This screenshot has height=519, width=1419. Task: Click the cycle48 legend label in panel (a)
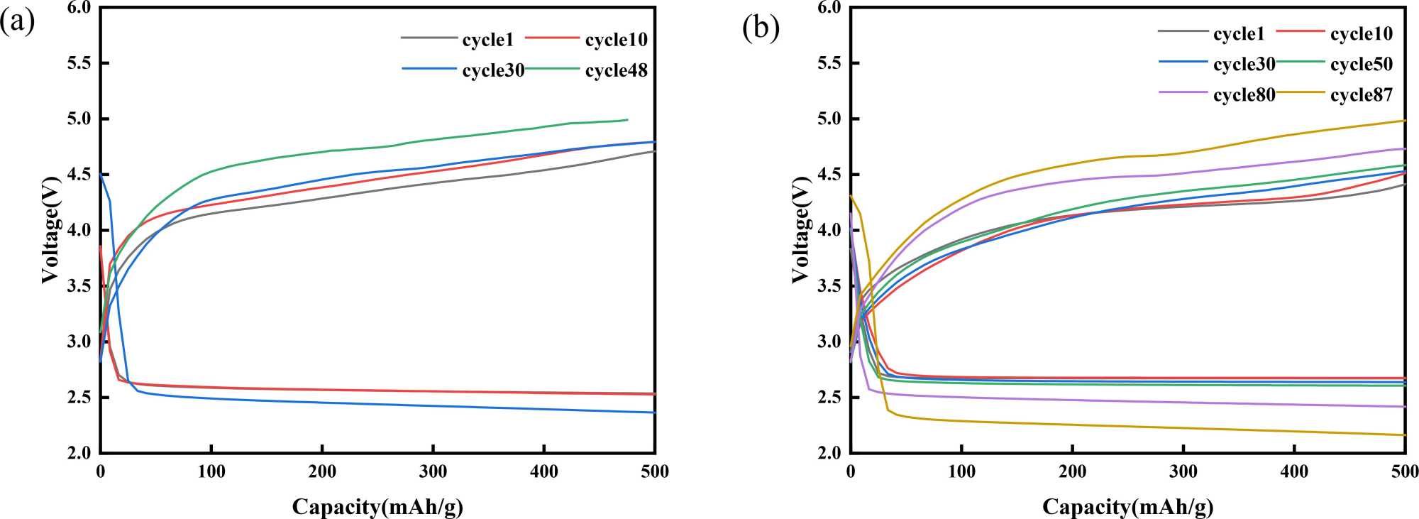point(616,71)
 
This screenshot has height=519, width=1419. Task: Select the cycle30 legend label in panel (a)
point(493,71)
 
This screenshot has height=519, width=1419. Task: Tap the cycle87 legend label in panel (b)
point(1361,95)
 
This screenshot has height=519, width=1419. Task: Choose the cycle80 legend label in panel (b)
point(1244,95)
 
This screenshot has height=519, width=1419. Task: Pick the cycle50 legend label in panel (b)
point(1361,65)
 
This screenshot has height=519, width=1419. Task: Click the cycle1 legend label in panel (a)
point(487,40)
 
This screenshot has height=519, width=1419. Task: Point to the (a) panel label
point(17,23)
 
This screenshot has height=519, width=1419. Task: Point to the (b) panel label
point(761,28)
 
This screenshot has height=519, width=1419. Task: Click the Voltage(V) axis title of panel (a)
point(50,229)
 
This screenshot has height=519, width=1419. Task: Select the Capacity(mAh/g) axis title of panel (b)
point(1127,507)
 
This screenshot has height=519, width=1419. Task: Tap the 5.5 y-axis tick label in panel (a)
point(78,63)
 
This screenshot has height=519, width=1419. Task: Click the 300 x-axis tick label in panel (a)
point(433,472)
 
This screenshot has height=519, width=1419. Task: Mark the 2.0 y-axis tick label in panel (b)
point(829,453)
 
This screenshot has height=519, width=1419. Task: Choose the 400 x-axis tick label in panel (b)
point(1294,472)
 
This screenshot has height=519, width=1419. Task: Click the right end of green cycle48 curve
point(627,119)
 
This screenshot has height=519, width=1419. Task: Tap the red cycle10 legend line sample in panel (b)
point(1300,32)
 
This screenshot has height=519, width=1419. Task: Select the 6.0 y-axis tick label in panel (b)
point(829,8)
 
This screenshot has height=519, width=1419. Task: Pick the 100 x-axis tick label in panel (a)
point(211,472)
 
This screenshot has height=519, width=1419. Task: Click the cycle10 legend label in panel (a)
point(616,40)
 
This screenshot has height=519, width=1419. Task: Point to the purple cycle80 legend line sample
point(1183,92)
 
